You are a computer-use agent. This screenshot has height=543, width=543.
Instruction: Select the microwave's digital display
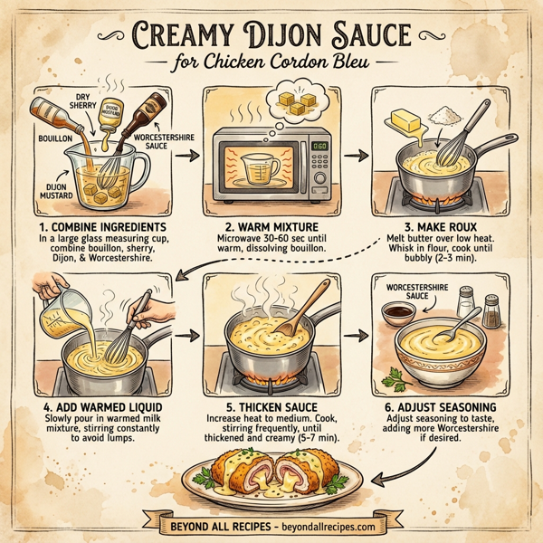click(319, 145)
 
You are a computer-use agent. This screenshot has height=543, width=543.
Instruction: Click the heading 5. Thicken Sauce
click(270, 407)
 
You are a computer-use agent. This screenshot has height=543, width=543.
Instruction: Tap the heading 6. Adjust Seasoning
click(438, 407)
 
